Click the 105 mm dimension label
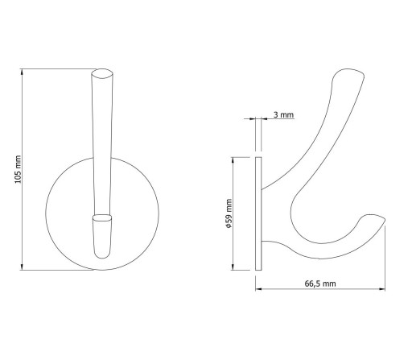(18, 169)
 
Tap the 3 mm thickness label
(283, 114)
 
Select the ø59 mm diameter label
(229, 213)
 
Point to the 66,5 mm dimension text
(320, 283)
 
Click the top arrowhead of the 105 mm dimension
(22, 72)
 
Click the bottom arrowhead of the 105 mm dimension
(22, 267)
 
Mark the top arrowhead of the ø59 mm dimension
(233, 160)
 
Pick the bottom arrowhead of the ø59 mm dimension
(233, 267)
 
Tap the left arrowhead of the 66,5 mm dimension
(258, 289)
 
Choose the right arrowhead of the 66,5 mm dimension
(381, 289)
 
